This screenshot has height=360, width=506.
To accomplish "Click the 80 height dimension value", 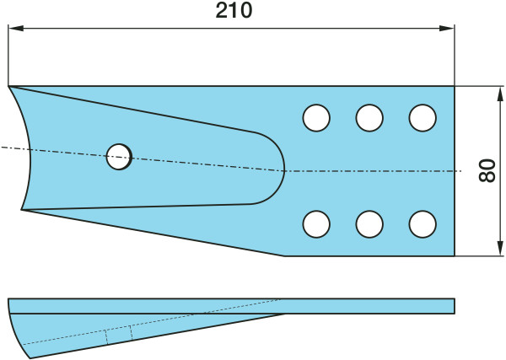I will pyautogui.click(x=487, y=171).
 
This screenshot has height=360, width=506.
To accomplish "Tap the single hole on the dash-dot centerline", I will pyautogui.click(x=120, y=156).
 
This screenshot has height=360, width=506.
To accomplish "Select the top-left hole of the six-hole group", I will pyautogui.click(x=316, y=118).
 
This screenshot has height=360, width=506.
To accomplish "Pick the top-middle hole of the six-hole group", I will pyautogui.click(x=369, y=118).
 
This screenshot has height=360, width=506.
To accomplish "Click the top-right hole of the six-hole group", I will pyautogui.click(x=422, y=118).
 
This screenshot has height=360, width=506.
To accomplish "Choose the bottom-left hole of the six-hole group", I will pyautogui.click(x=316, y=223).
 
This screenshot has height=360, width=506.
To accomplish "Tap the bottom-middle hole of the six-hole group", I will pyautogui.click(x=369, y=223).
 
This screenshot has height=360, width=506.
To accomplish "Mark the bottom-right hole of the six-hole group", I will pyautogui.click(x=422, y=223).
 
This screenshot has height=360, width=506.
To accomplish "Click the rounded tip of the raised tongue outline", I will pyautogui.click(x=284, y=169).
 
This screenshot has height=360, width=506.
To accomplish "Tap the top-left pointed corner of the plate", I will pyautogui.click(x=9, y=86).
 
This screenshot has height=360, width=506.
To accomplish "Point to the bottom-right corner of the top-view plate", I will pyautogui.click(x=455, y=255).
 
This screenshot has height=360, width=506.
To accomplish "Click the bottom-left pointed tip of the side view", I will pyautogui.click(x=31, y=357).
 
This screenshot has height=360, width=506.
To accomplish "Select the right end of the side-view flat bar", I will pyautogui.click(x=454, y=305).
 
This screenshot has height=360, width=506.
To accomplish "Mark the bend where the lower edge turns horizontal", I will pyautogui.click(x=284, y=255).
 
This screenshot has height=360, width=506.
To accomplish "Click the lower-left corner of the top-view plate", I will pyautogui.click(x=22, y=210).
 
